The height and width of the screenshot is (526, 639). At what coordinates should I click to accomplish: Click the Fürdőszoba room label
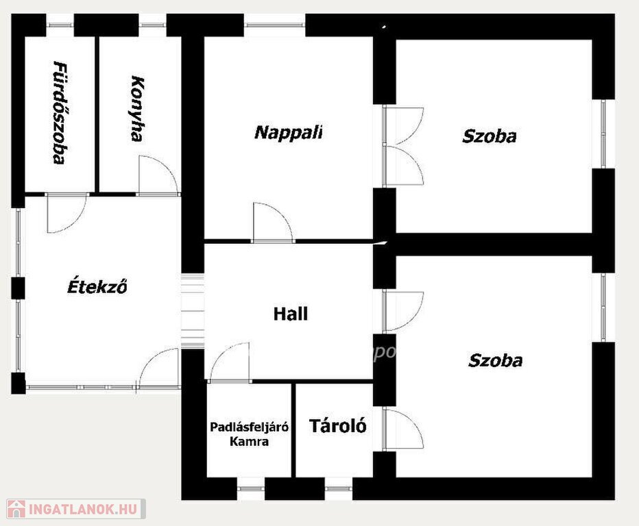[x=60, y=112]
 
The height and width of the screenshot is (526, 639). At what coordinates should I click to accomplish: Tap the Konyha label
[x=137, y=108]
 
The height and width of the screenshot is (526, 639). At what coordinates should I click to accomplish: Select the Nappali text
[x=289, y=132]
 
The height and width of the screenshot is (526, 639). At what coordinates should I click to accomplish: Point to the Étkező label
[x=97, y=286]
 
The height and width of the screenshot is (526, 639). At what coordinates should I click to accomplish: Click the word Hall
[x=290, y=314]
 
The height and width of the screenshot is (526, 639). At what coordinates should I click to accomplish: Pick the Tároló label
[x=338, y=425]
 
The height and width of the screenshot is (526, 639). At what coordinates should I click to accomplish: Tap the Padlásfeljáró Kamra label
[x=249, y=434]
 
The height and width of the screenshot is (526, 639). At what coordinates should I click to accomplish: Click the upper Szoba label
[x=489, y=136]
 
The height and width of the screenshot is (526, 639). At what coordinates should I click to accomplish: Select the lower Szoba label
[x=495, y=360]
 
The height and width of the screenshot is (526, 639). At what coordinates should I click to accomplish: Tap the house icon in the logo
[x=16, y=509]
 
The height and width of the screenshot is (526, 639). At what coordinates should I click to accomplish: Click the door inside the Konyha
[x=158, y=175]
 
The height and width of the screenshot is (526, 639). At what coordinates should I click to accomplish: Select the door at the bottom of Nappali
[x=273, y=223]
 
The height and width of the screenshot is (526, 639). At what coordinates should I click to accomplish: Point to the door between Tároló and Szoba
[x=403, y=429]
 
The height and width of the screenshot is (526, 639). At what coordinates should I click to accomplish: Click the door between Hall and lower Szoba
[x=403, y=311]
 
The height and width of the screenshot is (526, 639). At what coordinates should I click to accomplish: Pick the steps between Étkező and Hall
[x=193, y=311]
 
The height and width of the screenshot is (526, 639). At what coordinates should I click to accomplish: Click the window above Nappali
[x=275, y=25]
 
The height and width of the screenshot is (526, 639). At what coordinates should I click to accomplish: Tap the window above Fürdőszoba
[x=60, y=25]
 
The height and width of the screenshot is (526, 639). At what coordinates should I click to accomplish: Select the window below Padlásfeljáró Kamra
[x=251, y=488]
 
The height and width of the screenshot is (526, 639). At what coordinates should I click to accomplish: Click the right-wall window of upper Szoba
[x=603, y=134]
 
